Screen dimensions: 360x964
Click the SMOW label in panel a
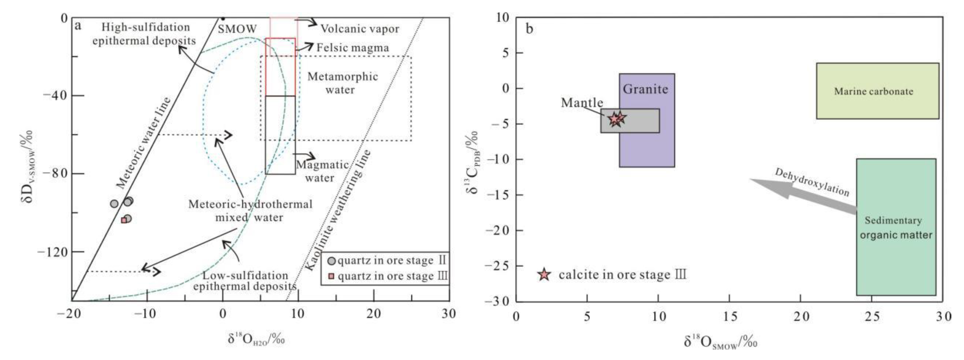click(x=237, y=29)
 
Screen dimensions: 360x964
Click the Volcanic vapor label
click(x=360, y=29)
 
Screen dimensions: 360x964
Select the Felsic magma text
click(x=353, y=48)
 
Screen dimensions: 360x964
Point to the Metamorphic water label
click(x=342, y=83)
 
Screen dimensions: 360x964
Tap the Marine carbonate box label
click(x=873, y=91)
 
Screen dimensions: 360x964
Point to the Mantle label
click(x=582, y=103)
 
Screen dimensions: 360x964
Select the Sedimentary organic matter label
click(x=896, y=228)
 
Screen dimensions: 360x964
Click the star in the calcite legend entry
click(x=544, y=275)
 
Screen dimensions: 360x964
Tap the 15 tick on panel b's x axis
click(x=729, y=317)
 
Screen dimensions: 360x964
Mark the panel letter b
click(x=529, y=29)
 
